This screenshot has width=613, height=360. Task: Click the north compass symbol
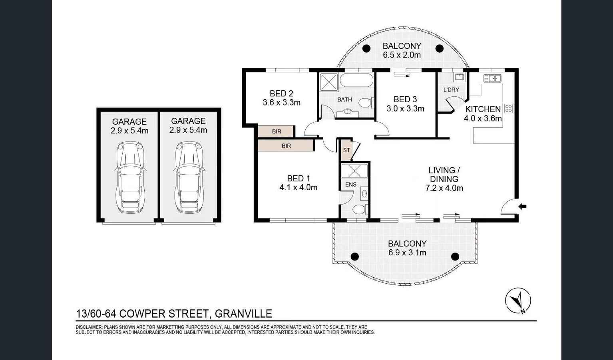[518, 300]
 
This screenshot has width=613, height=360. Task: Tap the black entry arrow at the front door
[522, 207]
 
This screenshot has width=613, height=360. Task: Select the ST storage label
[346, 150]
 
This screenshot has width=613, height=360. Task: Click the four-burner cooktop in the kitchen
[508, 108]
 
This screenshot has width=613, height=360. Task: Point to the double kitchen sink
[492, 78]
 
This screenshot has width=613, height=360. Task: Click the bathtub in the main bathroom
[356, 80]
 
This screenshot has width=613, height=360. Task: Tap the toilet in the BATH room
[365, 103]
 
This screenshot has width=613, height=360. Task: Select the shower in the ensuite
[354, 171]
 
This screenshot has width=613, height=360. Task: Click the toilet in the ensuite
[359, 209]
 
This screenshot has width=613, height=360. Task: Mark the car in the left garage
[129, 178]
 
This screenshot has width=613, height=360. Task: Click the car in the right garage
[188, 178]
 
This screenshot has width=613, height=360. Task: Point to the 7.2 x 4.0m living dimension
[444, 188]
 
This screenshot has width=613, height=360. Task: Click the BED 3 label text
[405, 99]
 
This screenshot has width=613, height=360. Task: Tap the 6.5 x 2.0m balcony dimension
[402, 55]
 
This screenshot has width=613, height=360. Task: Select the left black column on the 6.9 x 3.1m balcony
[354, 257]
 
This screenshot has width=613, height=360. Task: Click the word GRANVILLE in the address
[243, 314]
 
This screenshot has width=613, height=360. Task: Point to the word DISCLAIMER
[89, 327]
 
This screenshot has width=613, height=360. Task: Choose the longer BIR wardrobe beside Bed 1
[286, 145]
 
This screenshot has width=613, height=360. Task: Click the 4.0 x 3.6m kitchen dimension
[483, 118]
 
